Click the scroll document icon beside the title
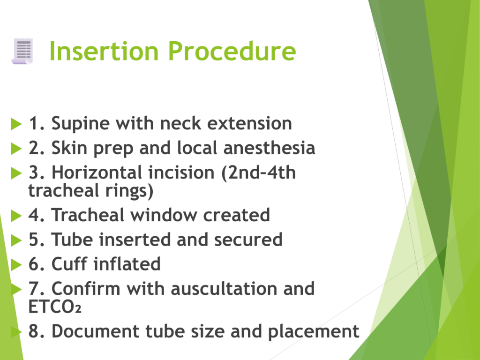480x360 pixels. point(22,51)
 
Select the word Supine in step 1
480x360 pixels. point(81,124)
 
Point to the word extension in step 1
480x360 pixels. point(249,123)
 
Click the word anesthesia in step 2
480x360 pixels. point(269,148)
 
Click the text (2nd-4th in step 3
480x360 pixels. point(258,172)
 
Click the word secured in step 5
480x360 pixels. point(248,240)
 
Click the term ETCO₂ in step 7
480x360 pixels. point(55,307)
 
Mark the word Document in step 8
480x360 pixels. point(96,331)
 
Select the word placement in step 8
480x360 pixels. point(314,332)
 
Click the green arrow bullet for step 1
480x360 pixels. point(16,124)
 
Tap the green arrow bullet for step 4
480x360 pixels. point(16,216)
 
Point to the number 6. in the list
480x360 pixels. point(37,264)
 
